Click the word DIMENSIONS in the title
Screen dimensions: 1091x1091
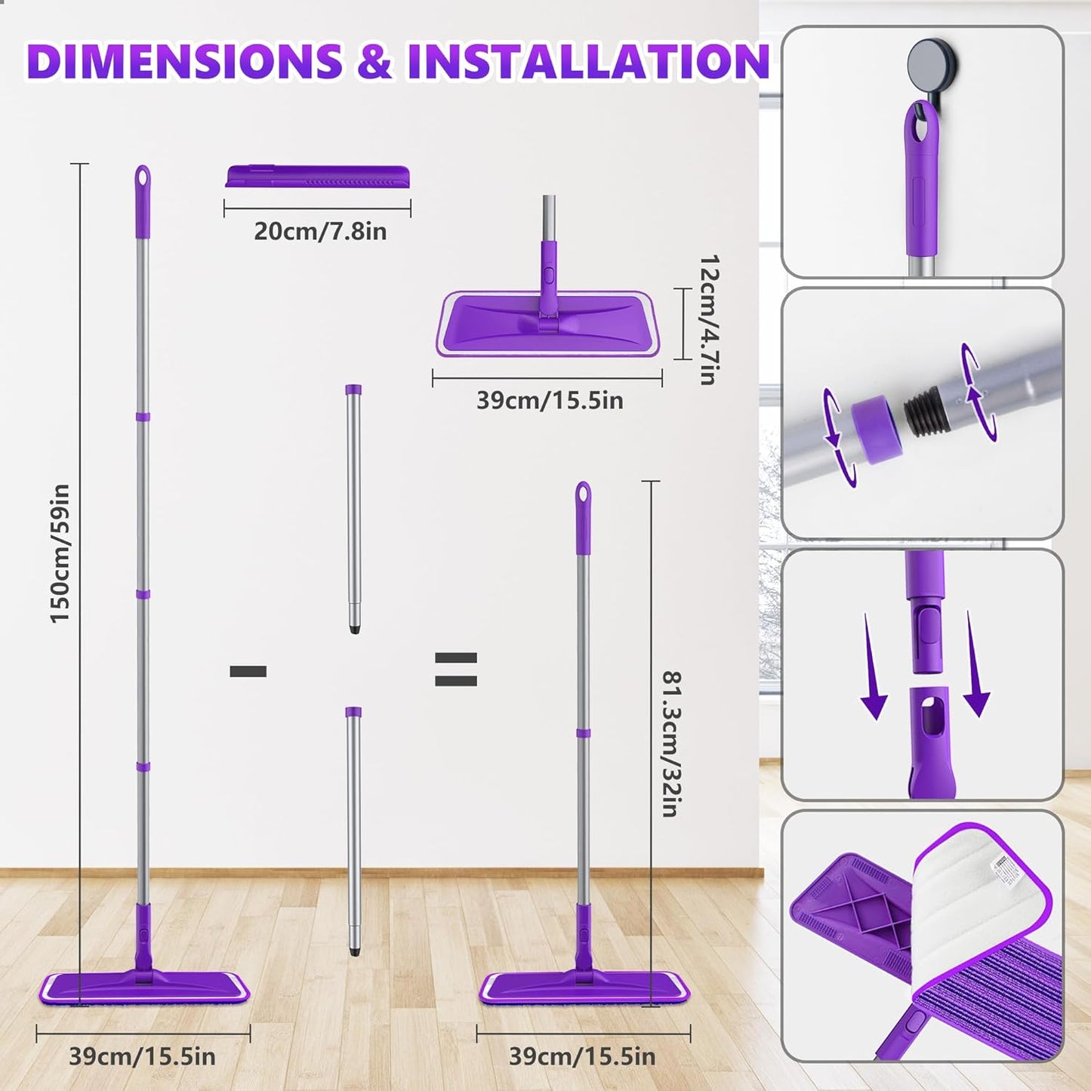point(183,61)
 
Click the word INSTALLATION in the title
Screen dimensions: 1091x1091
point(587,61)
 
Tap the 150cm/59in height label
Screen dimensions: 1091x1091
point(60,553)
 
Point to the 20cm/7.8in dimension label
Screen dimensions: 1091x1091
point(319,231)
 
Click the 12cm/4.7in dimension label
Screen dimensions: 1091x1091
point(707,319)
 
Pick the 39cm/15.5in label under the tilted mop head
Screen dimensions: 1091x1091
point(549,400)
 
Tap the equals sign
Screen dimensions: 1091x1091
point(456,670)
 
